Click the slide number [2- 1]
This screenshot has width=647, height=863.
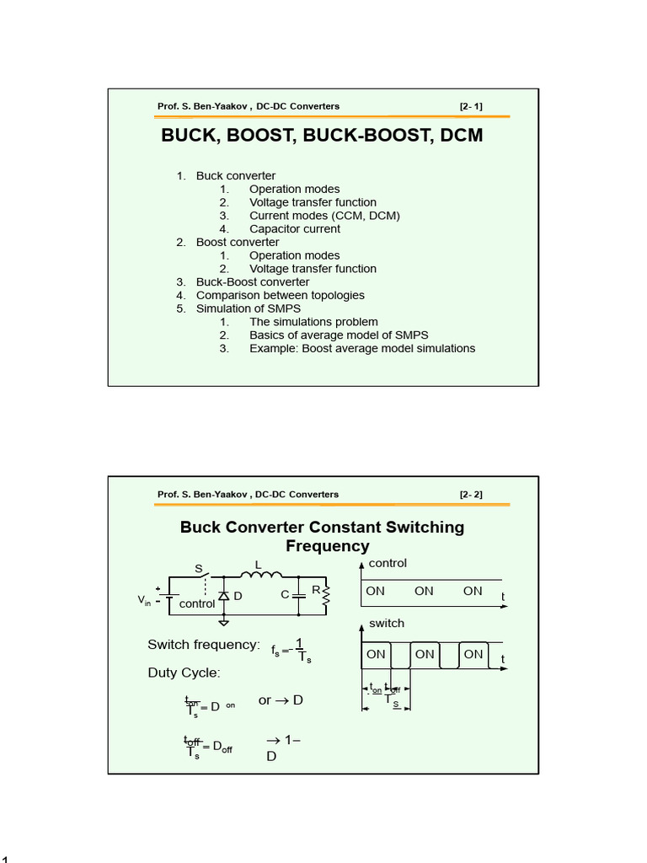(471, 106)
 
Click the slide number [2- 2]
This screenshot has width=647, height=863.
(471, 495)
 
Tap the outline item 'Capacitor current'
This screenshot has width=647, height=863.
(295, 229)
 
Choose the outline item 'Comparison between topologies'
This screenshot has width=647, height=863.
(280, 295)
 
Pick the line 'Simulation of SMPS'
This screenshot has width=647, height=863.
(248, 308)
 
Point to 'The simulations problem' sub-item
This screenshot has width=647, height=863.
(313, 322)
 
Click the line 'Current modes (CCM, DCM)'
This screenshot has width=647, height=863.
(324, 216)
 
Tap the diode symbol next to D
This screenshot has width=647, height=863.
(224, 595)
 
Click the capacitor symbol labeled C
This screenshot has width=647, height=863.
(298, 595)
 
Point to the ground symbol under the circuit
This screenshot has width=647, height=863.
(224, 623)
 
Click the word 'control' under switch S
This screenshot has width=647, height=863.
(197, 604)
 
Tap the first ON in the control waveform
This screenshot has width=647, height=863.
(375, 591)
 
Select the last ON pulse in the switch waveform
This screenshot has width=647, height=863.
(473, 654)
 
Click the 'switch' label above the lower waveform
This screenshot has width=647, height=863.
(387, 623)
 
